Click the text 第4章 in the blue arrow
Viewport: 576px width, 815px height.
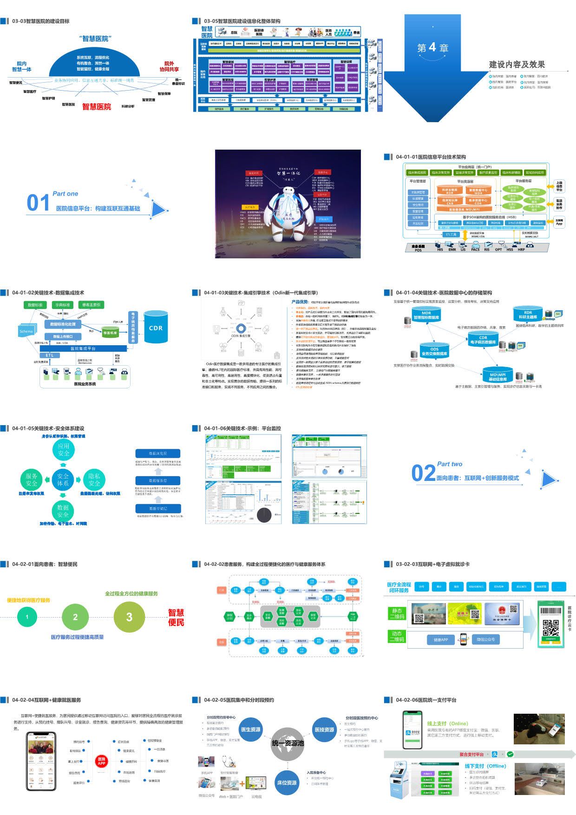(432, 47)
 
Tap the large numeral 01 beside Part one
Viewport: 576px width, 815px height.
(38, 203)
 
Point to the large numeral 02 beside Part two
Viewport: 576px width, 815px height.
(423, 473)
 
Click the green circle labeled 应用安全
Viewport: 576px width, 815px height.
(64, 449)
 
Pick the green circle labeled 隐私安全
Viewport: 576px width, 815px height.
(94, 480)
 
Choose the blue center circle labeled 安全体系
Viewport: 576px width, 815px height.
(63, 480)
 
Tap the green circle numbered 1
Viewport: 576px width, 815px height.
(27, 617)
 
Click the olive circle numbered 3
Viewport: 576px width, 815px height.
(129, 617)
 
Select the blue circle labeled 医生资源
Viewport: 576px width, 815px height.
(251, 730)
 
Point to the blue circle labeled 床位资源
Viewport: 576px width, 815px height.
(287, 782)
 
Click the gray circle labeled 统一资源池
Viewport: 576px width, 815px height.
(288, 743)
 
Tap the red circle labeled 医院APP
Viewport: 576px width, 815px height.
(101, 761)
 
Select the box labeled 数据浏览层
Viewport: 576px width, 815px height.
(158, 453)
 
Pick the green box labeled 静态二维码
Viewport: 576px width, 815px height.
(398, 614)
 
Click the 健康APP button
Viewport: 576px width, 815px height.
(441, 640)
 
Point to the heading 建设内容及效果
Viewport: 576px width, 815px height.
(517, 65)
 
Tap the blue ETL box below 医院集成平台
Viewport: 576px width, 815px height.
(50, 355)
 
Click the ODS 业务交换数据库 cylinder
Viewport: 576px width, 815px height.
(435, 351)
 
